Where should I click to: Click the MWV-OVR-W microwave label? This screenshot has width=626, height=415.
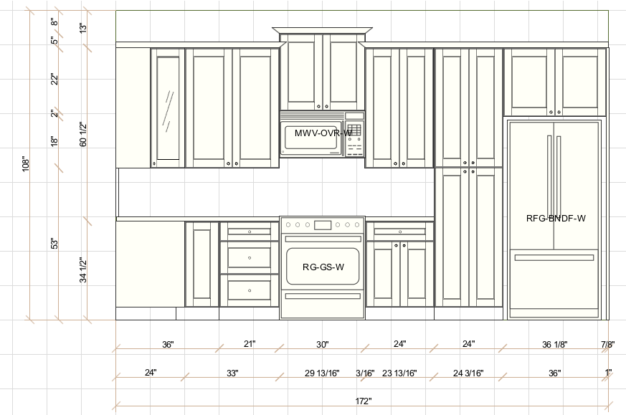click(x=323, y=133)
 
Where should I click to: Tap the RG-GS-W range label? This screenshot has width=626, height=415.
click(x=323, y=267)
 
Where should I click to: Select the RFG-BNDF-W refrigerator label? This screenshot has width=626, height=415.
click(x=556, y=219)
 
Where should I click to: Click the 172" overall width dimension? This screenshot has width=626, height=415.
click(x=364, y=401)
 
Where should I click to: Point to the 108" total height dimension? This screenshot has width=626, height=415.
click(x=26, y=163)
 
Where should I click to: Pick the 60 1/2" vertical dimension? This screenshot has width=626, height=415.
click(x=83, y=135)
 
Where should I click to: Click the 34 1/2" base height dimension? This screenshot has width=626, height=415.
click(x=83, y=269)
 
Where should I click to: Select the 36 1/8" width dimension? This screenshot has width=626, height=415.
click(x=554, y=344)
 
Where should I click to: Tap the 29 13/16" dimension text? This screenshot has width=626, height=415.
click(x=322, y=373)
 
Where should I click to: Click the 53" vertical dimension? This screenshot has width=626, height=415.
click(x=54, y=244)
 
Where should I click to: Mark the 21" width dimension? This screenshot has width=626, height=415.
click(x=250, y=343)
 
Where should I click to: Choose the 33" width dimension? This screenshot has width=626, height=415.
click(x=232, y=373)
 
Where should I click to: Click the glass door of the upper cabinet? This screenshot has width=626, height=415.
click(x=168, y=108)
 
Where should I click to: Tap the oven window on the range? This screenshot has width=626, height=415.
click(x=323, y=266)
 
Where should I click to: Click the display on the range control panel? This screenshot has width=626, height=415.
click(x=323, y=225)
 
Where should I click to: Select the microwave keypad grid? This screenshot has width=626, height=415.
click(x=354, y=130)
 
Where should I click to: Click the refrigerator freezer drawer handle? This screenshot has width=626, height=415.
click(x=554, y=258)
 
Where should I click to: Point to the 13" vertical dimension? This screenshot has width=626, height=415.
click(x=83, y=28)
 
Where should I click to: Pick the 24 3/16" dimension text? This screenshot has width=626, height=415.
click(x=468, y=373)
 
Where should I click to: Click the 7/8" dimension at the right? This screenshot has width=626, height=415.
click(x=607, y=344)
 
